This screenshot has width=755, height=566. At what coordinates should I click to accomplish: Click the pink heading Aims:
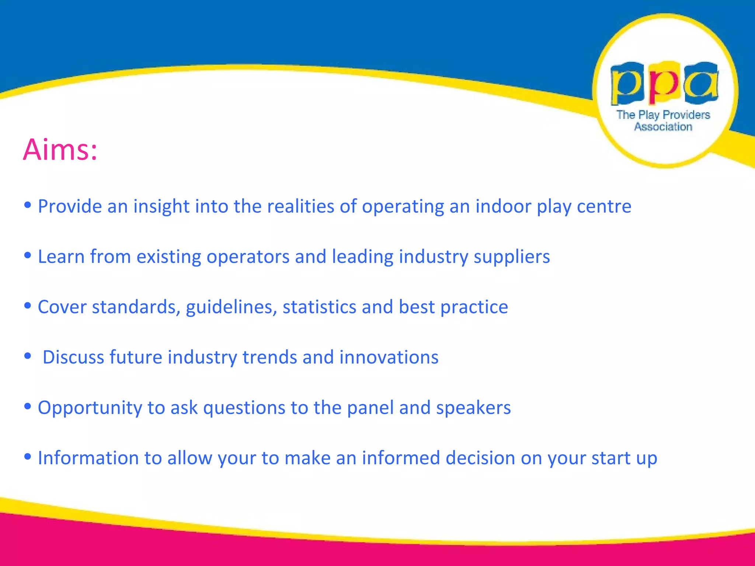pos(60,150)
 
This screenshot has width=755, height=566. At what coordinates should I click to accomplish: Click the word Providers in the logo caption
pos(686,115)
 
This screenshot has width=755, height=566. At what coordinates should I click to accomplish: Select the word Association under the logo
pos(663,127)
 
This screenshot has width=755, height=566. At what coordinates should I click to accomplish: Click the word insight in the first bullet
pos(161,206)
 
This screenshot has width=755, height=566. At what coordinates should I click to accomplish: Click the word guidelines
pos(231,307)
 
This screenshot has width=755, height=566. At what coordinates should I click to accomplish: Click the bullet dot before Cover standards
pos(27,305)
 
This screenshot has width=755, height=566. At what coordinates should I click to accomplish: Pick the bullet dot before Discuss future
pos(27,356)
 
